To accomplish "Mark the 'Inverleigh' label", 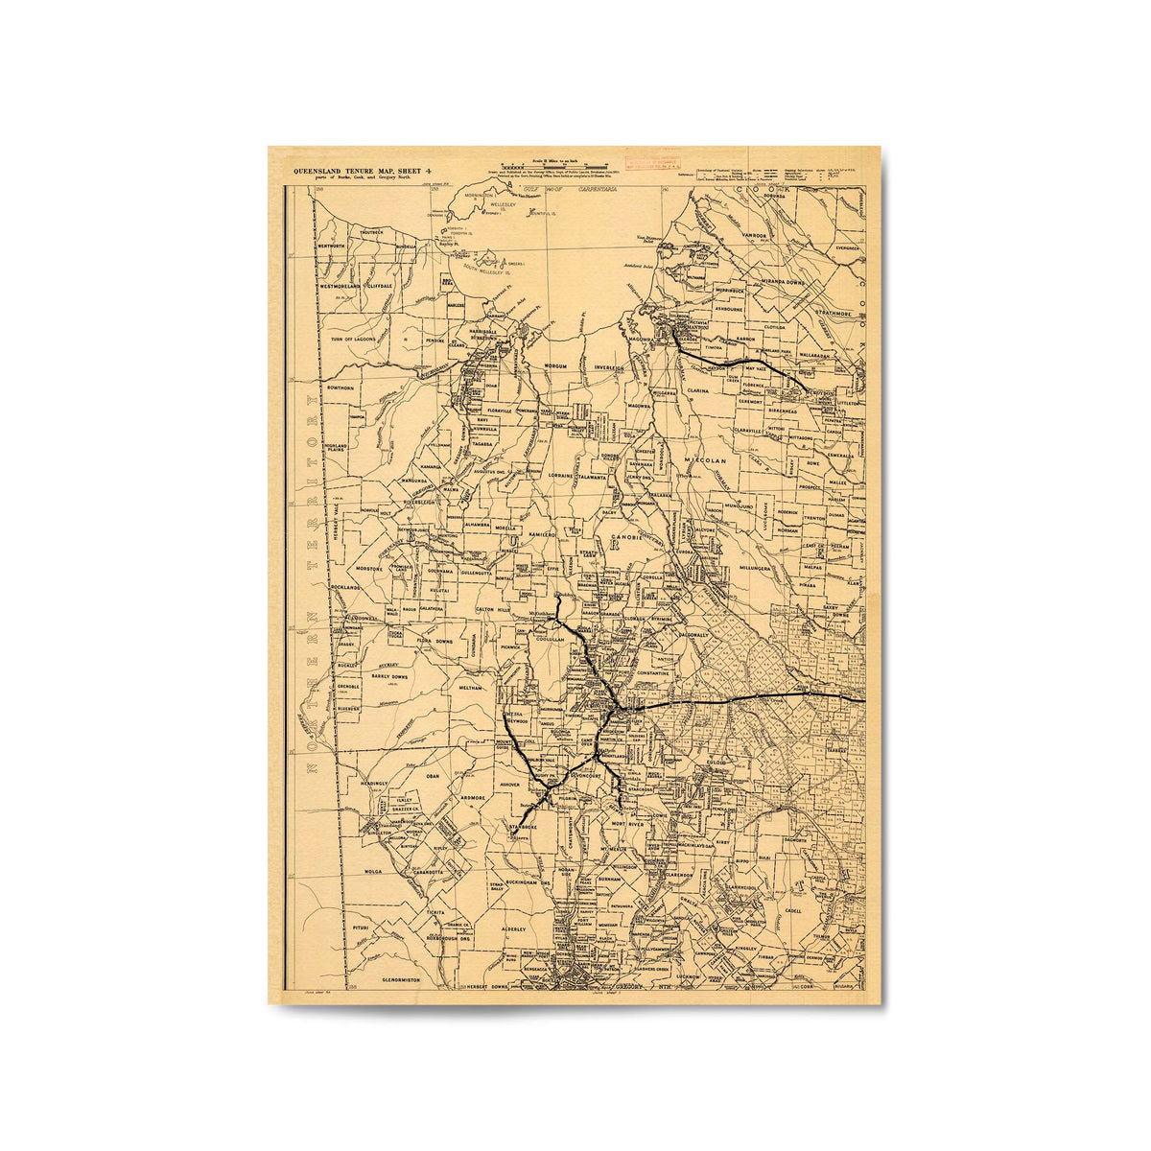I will tap(608, 367).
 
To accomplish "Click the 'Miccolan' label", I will tap(707, 461).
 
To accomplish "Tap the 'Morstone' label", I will tap(369, 569).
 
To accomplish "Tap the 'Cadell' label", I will tap(792, 909).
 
